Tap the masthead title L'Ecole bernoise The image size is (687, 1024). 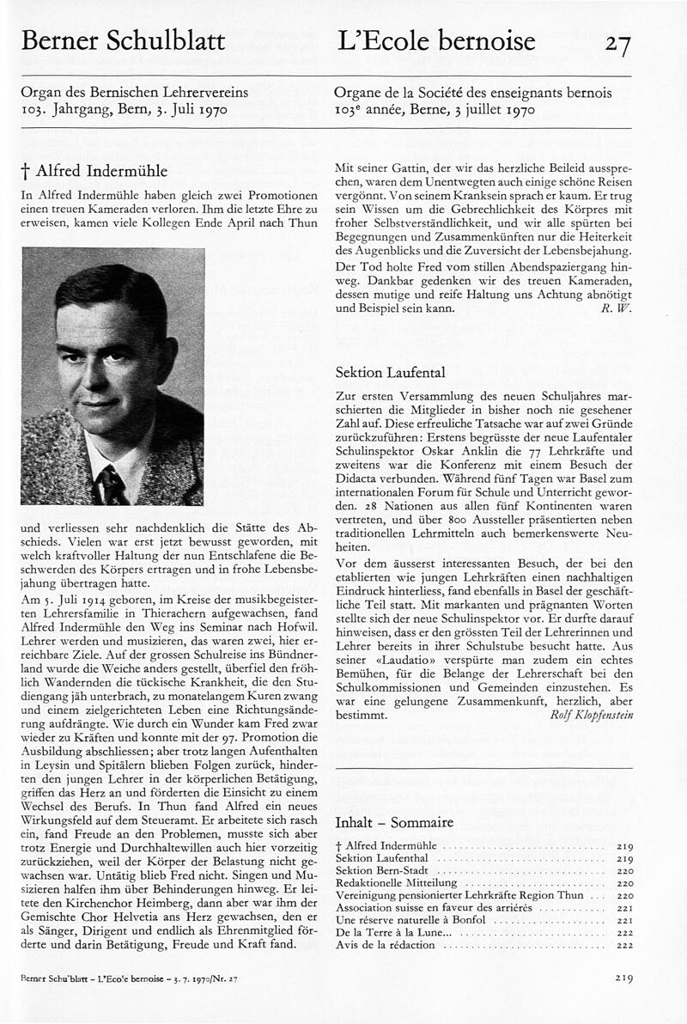[x=436, y=40]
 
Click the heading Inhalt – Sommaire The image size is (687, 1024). [x=393, y=822]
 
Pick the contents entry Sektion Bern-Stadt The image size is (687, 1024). [x=379, y=870]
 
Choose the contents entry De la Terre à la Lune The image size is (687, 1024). [x=381, y=932]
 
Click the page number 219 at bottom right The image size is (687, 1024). [x=624, y=977]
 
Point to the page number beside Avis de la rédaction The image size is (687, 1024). [x=624, y=945]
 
